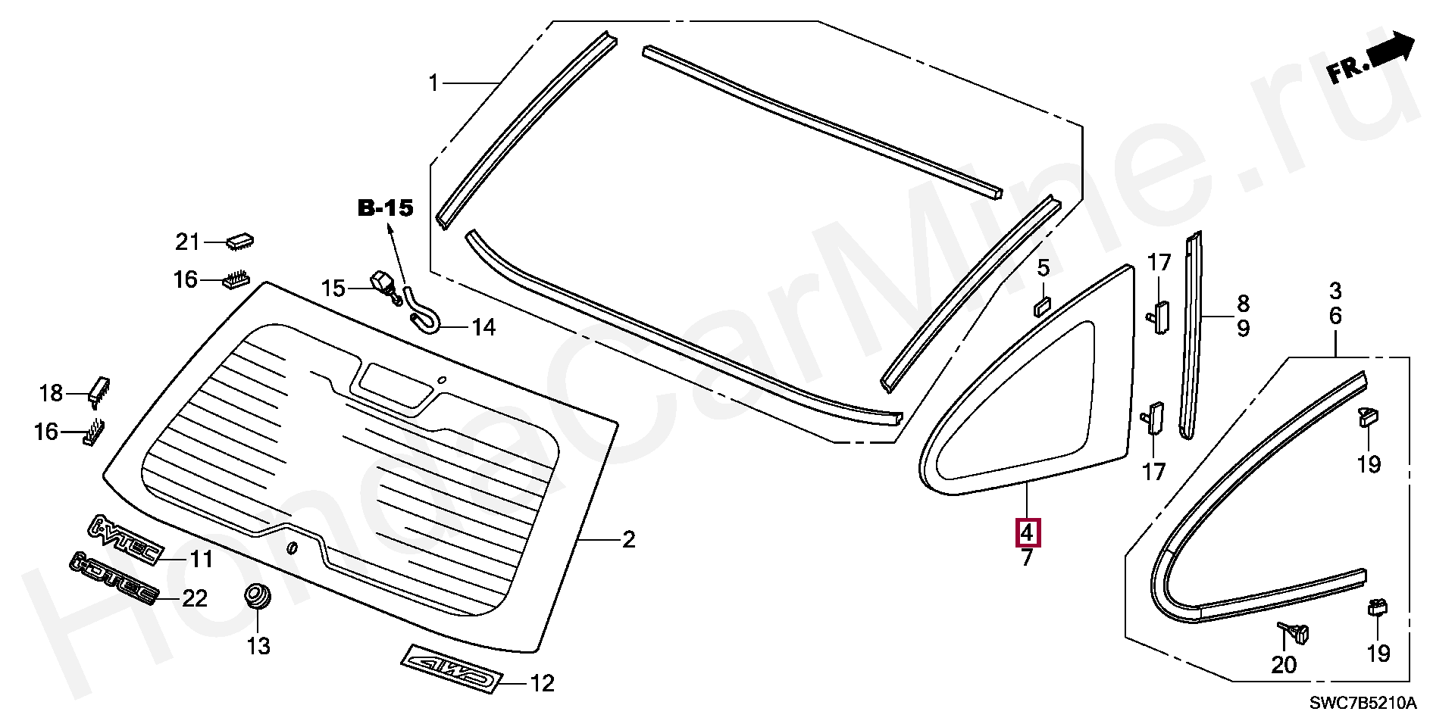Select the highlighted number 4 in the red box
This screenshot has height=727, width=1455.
tap(1027, 533)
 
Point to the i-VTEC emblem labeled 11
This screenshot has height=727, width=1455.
tap(125, 538)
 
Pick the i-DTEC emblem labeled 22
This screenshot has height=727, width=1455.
tap(114, 579)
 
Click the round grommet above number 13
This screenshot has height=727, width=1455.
tap(259, 595)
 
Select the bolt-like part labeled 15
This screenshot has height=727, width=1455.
tap(385, 288)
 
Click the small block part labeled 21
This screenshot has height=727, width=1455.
tap(239, 242)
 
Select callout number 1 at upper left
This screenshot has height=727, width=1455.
tap(433, 83)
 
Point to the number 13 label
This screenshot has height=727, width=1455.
tap(258, 647)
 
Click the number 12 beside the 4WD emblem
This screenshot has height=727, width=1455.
tap(541, 684)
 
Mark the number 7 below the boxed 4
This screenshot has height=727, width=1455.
tap(1027, 560)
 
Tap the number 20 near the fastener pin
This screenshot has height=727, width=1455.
tap(1284, 665)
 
